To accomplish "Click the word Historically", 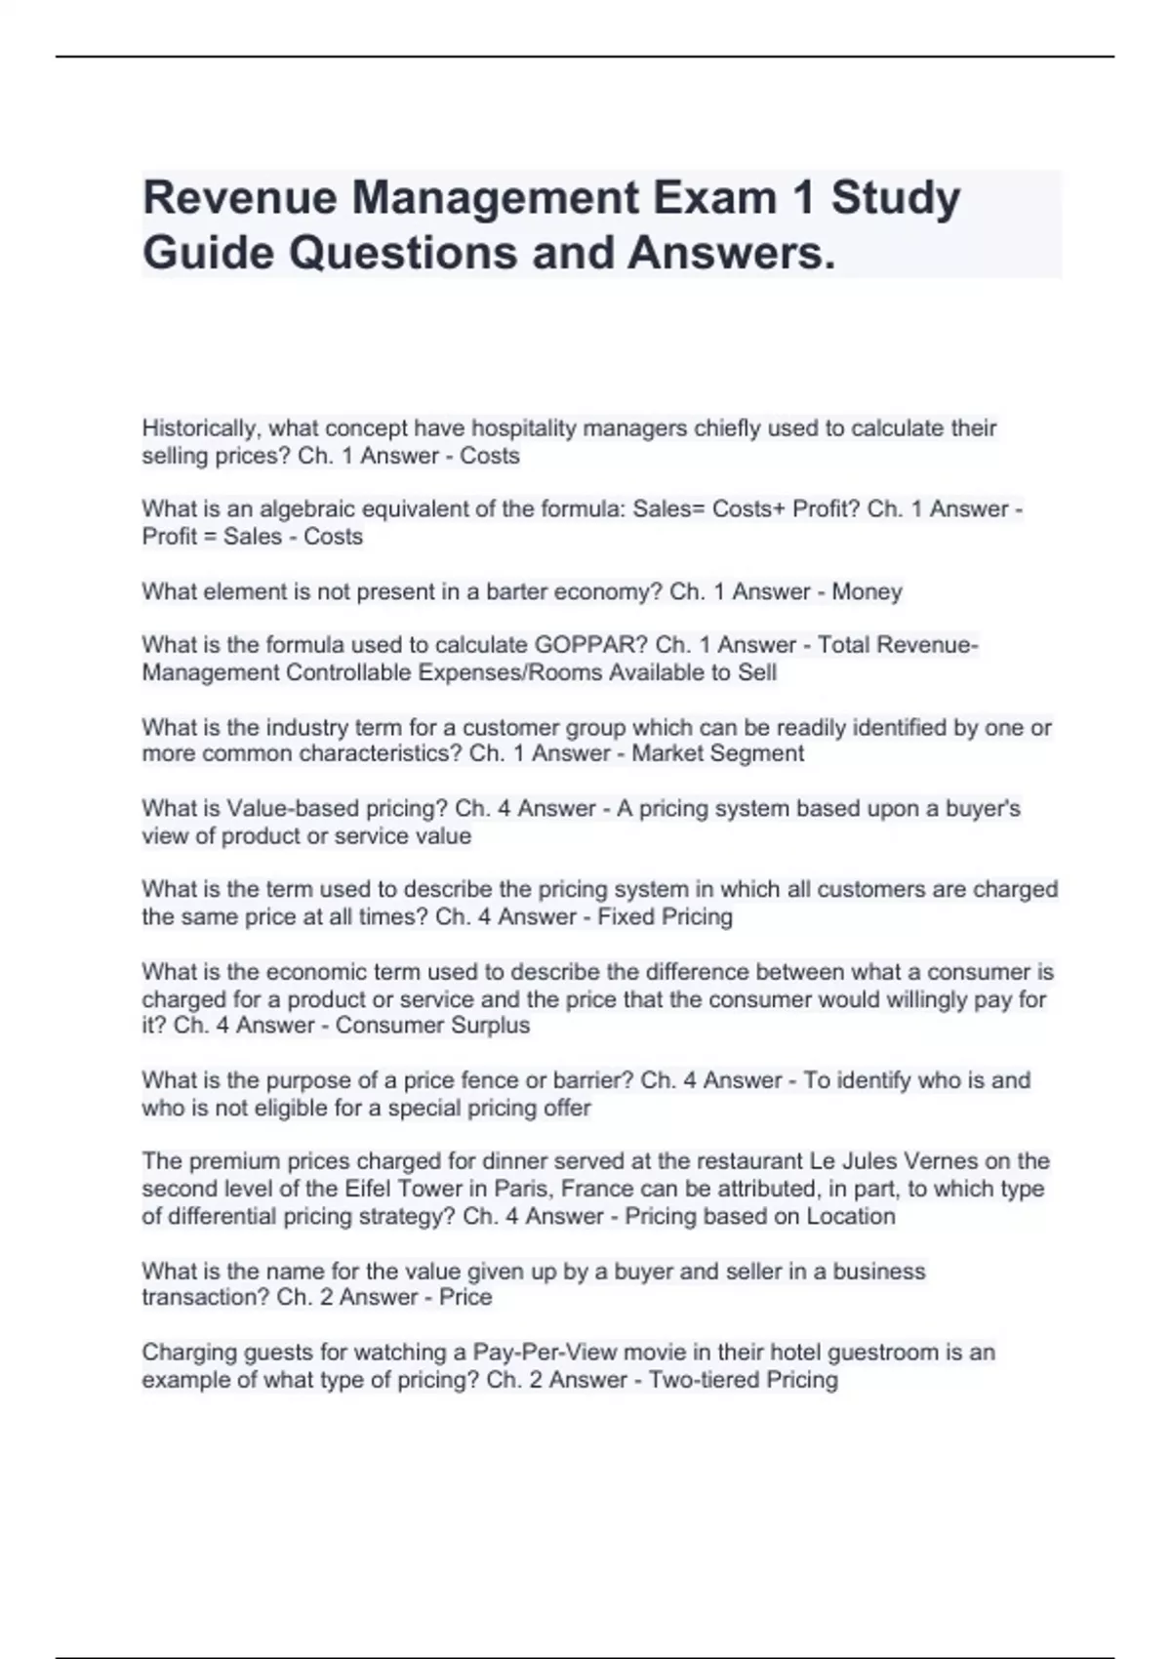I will [201, 428].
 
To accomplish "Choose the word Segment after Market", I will [758, 753].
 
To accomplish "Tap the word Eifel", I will [366, 1189].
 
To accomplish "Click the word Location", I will [851, 1216].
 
